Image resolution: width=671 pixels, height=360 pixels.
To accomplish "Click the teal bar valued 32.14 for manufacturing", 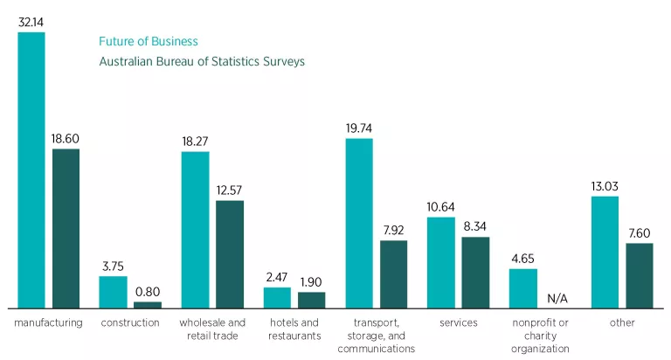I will click(31, 170).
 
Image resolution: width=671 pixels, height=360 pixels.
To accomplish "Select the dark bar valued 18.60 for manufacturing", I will click(66, 229).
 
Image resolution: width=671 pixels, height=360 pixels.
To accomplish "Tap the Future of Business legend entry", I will click(149, 41).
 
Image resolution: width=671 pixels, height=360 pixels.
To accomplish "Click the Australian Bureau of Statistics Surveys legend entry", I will click(202, 62).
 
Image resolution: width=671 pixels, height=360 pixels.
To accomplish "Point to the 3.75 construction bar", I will click(113, 293).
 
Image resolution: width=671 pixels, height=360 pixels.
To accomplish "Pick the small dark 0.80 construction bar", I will click(147, 305).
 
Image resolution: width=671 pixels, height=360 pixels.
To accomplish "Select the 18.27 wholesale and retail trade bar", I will click(195, 231).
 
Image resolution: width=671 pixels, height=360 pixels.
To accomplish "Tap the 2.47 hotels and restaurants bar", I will click(277, 298).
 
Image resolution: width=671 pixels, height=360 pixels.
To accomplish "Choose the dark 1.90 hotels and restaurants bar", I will click(311, 300).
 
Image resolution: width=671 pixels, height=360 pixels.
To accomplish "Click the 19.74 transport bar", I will click(359, 224).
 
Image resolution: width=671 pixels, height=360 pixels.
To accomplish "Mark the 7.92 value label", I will click(393, 231).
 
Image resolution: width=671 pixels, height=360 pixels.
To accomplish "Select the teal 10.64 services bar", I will click(441, 263).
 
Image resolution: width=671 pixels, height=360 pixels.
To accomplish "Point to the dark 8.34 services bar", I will click(475, 273).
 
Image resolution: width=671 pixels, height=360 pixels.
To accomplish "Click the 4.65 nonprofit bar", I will click(523, 288).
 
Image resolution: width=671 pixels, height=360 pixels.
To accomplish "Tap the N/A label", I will click(557, 299).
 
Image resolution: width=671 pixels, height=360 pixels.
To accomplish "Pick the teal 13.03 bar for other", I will click(605, 253).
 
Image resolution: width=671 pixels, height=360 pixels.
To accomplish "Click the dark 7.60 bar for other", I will click(640, 275).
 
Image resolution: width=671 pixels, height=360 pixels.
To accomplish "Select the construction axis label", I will click(130, 322).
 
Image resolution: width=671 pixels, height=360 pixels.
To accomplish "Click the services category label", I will click(459, 322).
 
